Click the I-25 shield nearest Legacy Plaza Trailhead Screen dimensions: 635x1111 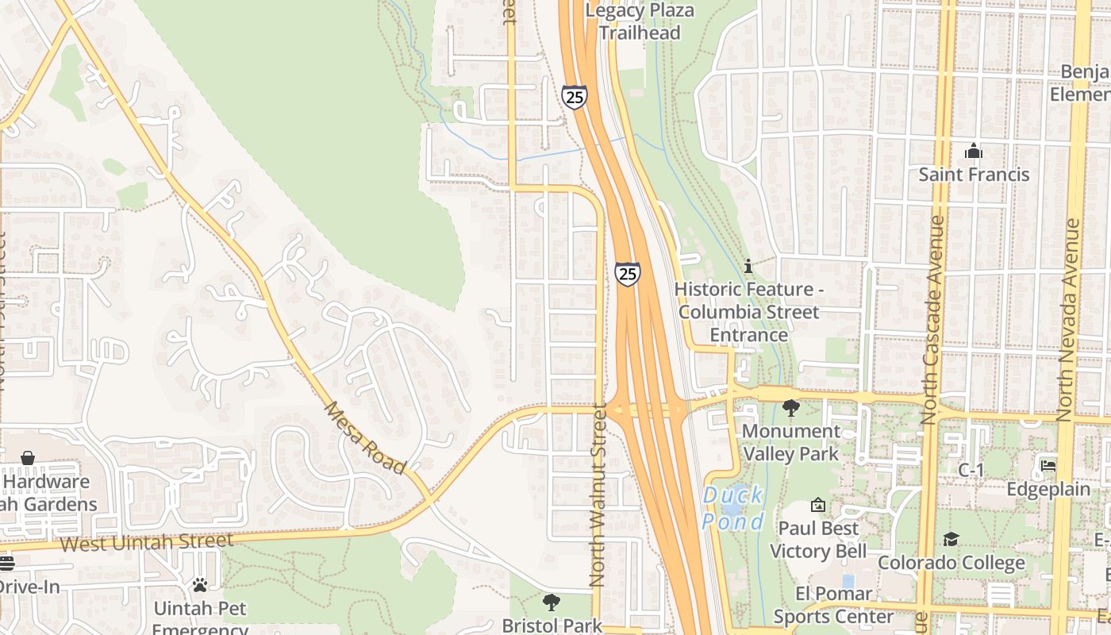tap(575, 97)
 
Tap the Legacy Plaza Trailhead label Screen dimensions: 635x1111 tap(640, 21)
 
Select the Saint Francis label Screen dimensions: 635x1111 tap(974, 174)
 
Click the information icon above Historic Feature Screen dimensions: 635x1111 tap(748, 266)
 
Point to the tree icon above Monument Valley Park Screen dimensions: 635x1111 tap(790, 408)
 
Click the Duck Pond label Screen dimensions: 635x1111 tap(733, 508)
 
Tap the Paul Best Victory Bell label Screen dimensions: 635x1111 tap(817, 540)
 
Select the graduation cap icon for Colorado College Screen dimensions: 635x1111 tap(951, 540)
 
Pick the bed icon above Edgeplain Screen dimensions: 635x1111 tap(1048, 466)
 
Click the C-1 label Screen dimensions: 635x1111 tap(971, 471)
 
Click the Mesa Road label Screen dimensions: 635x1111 tap(366, 437)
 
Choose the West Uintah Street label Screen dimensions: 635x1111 tap(147, 542)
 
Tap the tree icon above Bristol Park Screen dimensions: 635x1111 tap(552, 602)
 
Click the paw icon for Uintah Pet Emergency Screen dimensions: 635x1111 tap(200, 585)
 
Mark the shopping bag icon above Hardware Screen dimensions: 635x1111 tap(28, 458)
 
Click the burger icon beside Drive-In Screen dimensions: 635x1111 tap(6, 564)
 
